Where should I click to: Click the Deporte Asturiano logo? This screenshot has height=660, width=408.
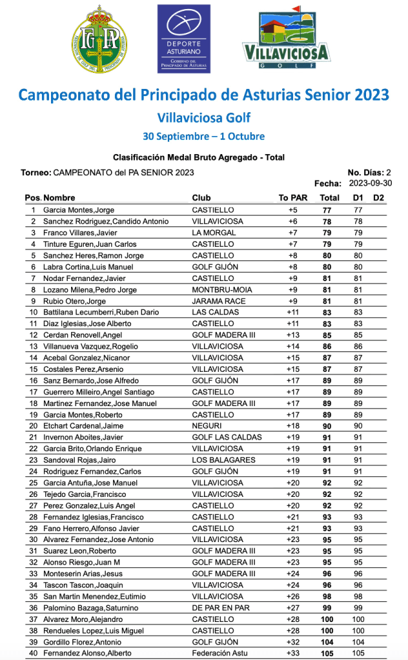tap(184, 39)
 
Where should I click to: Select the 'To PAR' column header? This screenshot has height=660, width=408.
tap(292, 198)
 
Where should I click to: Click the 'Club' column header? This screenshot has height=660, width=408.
tap(201, 198)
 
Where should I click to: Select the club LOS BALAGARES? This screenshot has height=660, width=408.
tap(223, 460)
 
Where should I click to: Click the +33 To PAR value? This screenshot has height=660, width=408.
tap(292, 653)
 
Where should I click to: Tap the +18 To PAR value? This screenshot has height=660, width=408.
tap(292, 426)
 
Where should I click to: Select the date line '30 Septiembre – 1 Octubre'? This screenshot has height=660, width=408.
tap(203, 137)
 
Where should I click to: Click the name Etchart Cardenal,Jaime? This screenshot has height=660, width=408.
tap(83, 426)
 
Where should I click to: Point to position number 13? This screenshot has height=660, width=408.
tap(33, 346)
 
